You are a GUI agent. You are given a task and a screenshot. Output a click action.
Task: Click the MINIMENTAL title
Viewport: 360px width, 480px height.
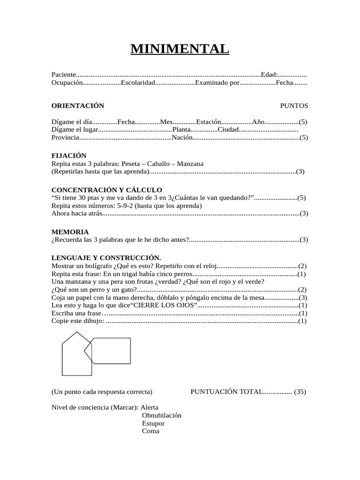(x=180, y=49)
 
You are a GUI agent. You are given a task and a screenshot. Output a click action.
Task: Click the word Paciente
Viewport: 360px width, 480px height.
(x=63, y=75)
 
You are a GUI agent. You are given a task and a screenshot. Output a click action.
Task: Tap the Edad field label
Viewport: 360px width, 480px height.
(x=269, y=75)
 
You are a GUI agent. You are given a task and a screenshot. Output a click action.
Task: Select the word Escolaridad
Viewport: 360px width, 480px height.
(x=138, y=82)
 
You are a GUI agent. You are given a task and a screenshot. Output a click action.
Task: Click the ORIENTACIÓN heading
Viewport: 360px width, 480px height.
(x=78, y=105)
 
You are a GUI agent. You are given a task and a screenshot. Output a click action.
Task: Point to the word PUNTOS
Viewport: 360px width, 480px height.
(x=294, y=105)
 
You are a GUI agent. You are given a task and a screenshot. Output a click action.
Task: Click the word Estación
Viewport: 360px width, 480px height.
(x=208, y=121)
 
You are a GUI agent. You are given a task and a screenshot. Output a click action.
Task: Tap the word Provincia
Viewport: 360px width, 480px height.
(x=65, y=137)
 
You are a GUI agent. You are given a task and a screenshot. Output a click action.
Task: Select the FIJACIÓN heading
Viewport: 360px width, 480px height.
(x=69, y=156)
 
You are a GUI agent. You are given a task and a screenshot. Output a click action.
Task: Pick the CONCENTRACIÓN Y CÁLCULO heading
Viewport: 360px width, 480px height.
(x=106, y=190)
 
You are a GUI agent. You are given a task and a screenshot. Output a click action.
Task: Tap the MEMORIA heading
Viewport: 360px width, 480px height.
(x=70, y=232)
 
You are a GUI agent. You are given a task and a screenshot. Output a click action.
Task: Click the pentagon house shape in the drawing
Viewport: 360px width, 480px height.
(x=74, y=356)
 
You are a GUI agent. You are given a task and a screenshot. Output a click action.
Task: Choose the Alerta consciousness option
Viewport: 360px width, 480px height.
(x=150, y=407)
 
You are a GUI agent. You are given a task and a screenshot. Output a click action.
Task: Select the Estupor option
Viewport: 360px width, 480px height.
(x=153, y=423)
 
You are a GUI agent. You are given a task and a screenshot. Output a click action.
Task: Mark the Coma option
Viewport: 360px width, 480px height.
(x=150, y=431)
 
